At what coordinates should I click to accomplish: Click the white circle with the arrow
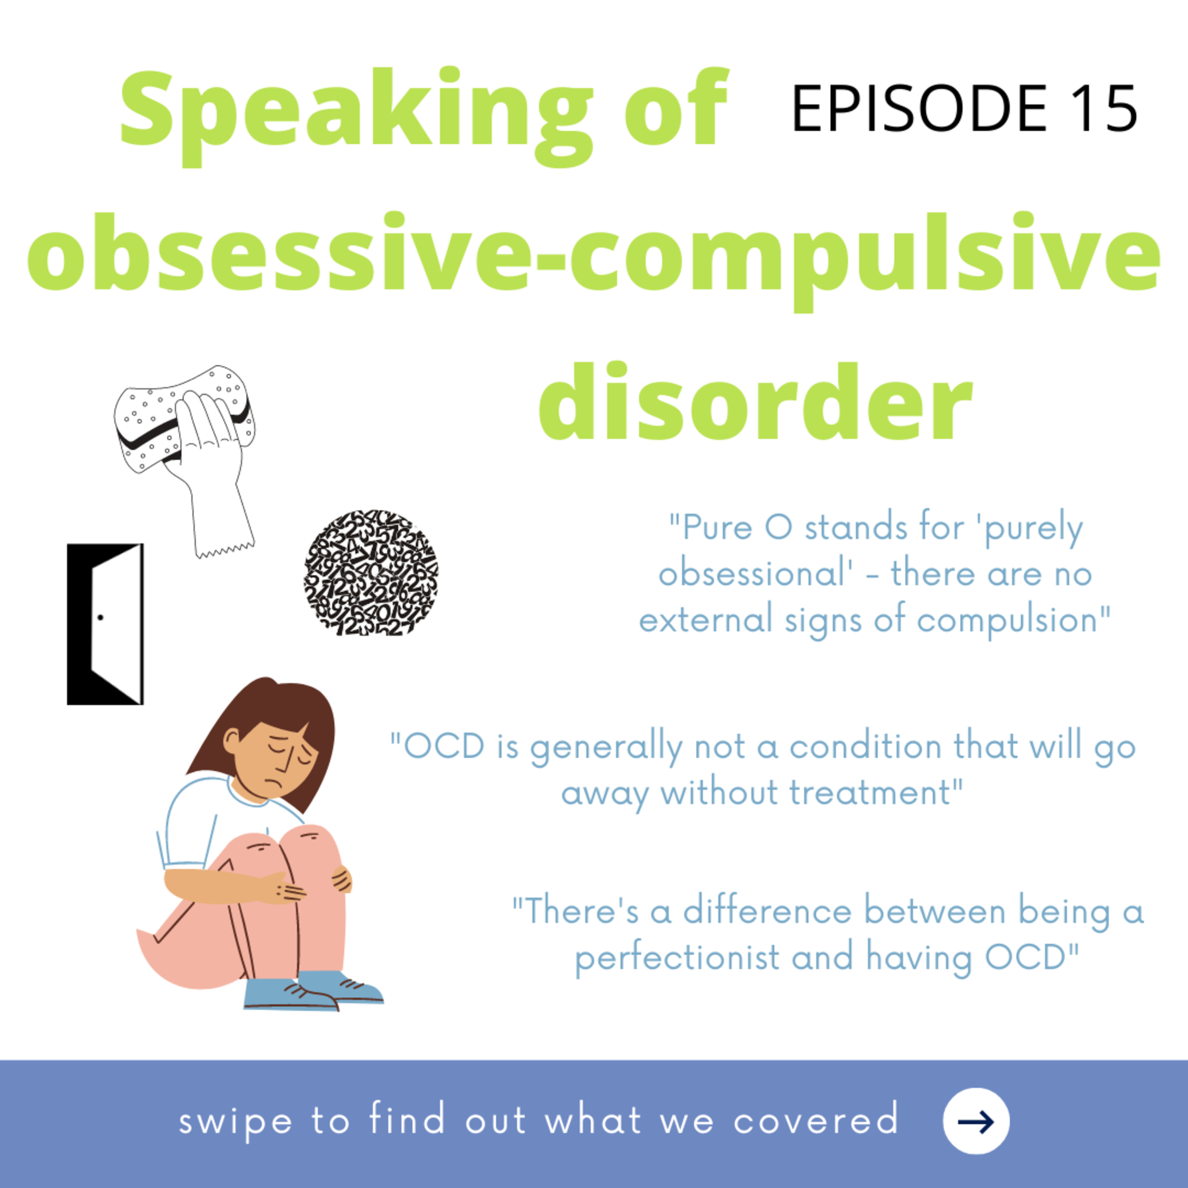coord(976,1120)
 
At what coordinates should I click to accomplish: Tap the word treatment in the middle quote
coord(870,793)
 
